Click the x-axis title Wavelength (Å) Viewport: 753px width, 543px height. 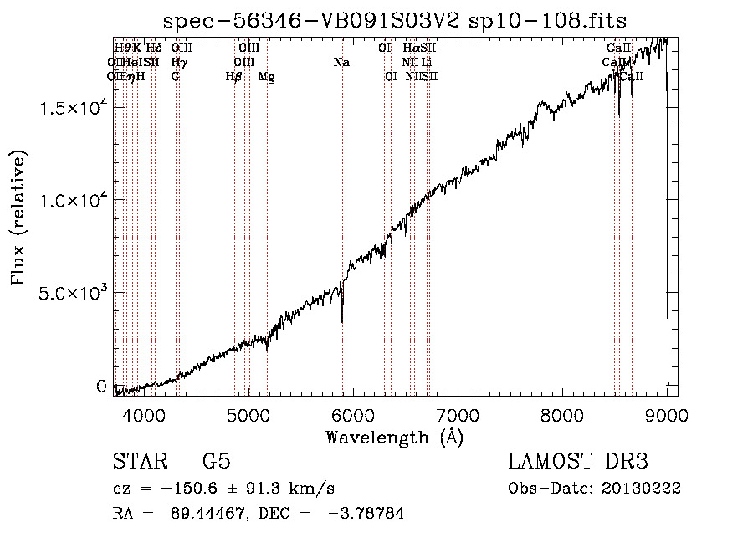[x=394, y=437]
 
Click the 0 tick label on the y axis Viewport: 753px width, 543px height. [x=101, y=387]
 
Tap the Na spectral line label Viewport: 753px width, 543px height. [x=341, y=63]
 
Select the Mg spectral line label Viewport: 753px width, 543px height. [x=266, y=77]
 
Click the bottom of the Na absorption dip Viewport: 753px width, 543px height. [x=342, y=320]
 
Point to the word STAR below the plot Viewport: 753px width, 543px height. [x=139, y=463]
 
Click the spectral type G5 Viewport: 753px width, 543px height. [x=217, y=463]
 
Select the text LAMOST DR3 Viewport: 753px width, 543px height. [x=577, y=463]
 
